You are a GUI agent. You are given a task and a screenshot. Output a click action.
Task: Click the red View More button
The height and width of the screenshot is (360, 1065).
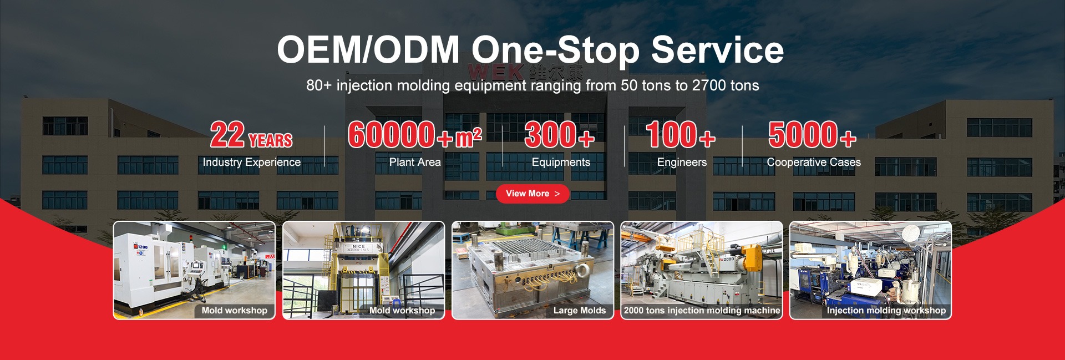[x=532, y=194]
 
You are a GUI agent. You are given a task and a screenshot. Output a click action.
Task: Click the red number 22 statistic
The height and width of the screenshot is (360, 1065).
[x=227, y=135]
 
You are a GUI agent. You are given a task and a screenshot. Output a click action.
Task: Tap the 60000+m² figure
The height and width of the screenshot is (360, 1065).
[x=415, y=135]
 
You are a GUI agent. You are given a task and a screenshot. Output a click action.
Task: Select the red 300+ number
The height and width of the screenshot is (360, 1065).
[x=559, y=135]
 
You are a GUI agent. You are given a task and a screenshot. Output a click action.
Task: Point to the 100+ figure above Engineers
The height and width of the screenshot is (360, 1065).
[x=681, y=135]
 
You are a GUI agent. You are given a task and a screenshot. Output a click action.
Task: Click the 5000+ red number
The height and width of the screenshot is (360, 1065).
[x=813, y=135]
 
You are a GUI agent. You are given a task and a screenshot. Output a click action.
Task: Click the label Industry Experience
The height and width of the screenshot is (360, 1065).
[x=251, y=162]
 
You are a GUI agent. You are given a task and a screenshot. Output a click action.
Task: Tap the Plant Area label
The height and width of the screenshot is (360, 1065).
[x=415, y=162]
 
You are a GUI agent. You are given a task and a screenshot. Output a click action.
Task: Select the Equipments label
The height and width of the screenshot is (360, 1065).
[x=561, y=163]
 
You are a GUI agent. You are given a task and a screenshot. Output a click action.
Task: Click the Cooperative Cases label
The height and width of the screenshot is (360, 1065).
[x=814, y=162]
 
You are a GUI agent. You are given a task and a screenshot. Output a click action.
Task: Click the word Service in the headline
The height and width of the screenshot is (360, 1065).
[x=717, y=50]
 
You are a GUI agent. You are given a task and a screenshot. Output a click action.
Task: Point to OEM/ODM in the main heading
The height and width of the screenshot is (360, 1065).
[x=368, y=50]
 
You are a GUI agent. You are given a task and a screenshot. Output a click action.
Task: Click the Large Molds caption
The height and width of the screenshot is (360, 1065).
[x=580, y=311]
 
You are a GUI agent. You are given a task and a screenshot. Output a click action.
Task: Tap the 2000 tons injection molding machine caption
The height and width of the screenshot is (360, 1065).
[x=702, y=311]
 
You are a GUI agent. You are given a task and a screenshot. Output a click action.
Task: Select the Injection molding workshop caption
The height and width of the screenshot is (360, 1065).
[x=886, y=311]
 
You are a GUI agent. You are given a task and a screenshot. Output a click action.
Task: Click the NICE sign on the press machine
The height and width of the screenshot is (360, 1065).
[x=359, y=246]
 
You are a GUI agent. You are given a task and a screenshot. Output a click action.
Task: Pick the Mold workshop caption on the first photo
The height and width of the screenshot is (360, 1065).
[x=234, y=311]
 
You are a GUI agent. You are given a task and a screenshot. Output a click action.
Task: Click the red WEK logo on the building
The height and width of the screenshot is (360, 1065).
[x=495, y=72]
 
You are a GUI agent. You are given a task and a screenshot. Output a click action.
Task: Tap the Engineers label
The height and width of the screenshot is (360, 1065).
[x=682, y=163]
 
